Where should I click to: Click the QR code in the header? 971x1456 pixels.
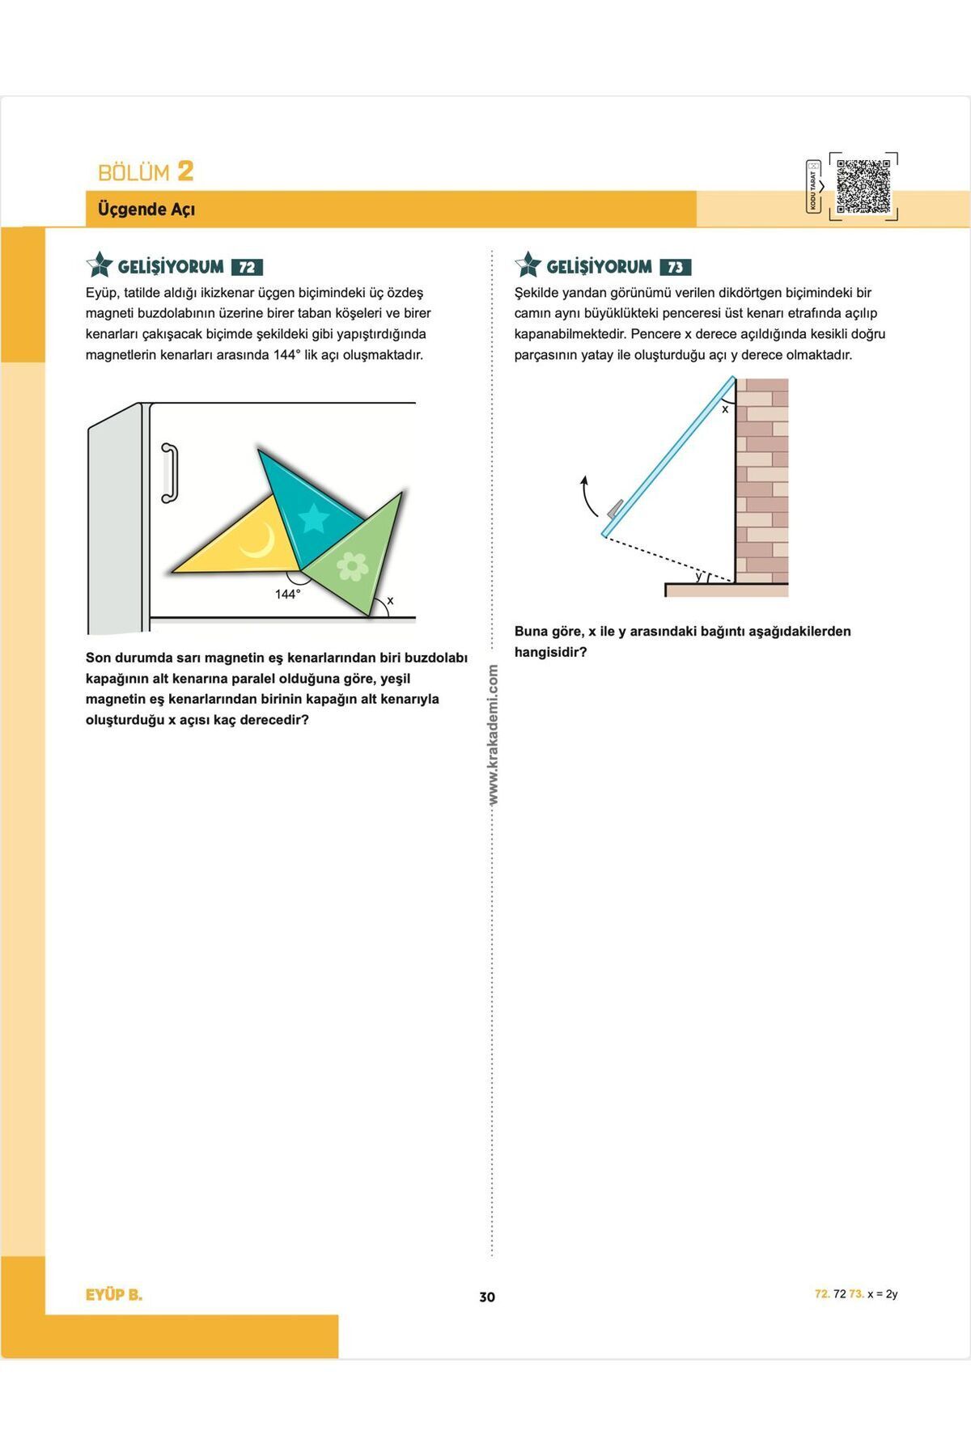click(863, 186)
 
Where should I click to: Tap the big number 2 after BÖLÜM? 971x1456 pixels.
click(185, 171)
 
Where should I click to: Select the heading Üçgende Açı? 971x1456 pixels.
click(146, 210)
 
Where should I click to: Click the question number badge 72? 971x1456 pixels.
click(247, 268)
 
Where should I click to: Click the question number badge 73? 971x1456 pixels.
click(675, 268)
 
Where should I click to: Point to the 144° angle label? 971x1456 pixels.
click(287, 595)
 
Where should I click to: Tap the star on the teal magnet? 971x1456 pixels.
click(313, 518)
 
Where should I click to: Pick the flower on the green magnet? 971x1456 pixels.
click(352, 566)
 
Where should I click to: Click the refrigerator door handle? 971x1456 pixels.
click(169, 472)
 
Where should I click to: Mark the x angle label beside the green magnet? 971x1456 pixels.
click(390, 601)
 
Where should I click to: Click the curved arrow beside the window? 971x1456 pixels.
click(587, 495)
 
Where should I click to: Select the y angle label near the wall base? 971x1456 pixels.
click(698, 576)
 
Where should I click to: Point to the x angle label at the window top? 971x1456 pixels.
click(725, 409)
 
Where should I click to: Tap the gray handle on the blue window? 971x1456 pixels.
click(616, 507)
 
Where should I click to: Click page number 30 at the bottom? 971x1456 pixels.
click(487, 1297)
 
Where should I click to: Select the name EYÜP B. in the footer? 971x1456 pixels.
click(114, 1294)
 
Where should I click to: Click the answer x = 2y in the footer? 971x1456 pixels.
click(882, 1294)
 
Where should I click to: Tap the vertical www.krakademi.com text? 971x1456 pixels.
click(493, 734)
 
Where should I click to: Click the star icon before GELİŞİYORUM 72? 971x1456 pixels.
click(100, 265)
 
